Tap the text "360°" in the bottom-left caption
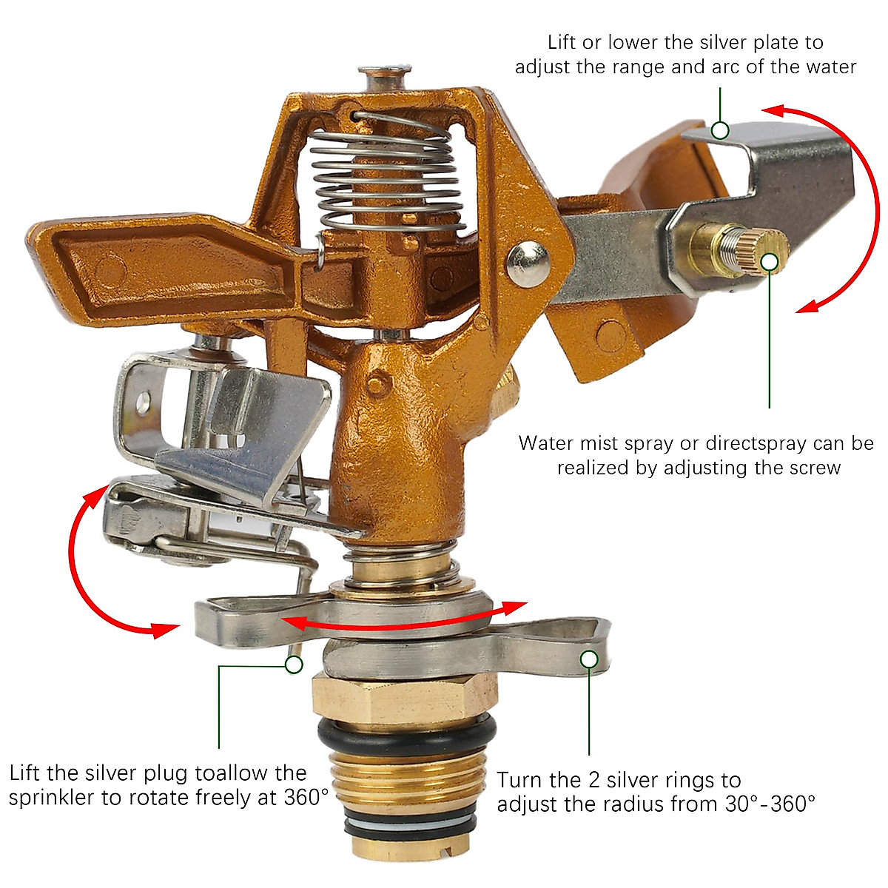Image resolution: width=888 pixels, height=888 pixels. (306, 798)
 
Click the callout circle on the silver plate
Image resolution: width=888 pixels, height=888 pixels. (720, 131)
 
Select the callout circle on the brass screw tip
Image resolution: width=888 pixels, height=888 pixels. (770, 261)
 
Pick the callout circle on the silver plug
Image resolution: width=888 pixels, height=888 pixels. (294, 665)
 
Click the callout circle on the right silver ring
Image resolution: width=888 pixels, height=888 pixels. (589, 659)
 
